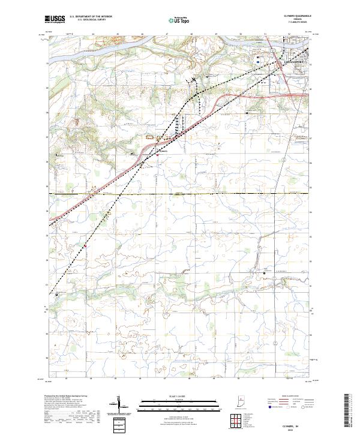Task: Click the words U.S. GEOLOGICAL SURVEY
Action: [90, 20]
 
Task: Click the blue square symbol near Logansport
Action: [257, 61]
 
